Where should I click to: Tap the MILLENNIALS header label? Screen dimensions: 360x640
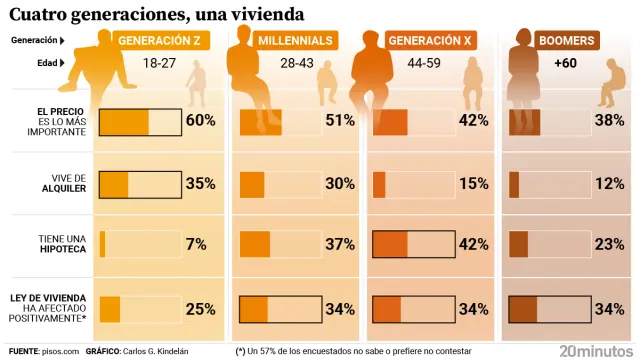click(295, 41)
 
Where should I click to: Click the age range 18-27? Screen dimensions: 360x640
click(160, 63)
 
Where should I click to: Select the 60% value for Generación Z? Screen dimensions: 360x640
click(201, 121)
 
